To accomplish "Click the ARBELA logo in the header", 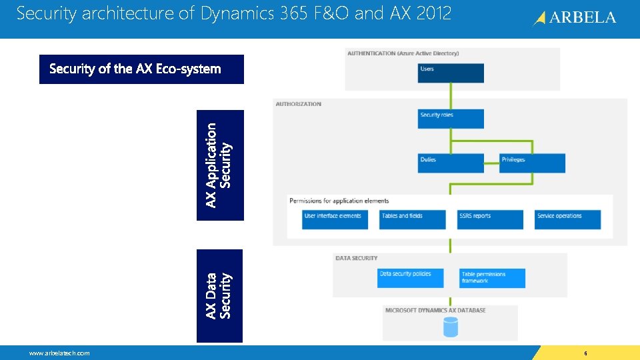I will pyautogui.click(x=575, y=18).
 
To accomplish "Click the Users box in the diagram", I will pyautogui.click(x=451, y=73).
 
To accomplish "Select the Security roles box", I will pyautogui.click(x=451, y=119).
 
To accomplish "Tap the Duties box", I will pyautogui.click(x=451, y=163).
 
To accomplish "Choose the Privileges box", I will pyautogui.click(x=533, y=163).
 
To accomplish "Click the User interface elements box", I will pyautogui.click(x=335, y=219).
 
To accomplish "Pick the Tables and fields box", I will pyautogui.click(x=413, y=219).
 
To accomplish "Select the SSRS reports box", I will pyautogui.click(x=490, y=219).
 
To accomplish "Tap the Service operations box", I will pyautogui.click(x=567, y=219).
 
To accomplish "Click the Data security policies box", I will pyautogui.click(x=410, y=277).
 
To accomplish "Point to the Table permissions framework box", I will pyautogui.click(x=493, y=278).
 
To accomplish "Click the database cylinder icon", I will pyautogui.click(x=451, y=327).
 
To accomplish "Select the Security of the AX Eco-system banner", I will pyautogui.click(x=141, y=69).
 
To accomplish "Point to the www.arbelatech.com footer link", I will pyautogui.click(x=59, y=353).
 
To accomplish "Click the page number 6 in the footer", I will pyautogui.click(x=585, y=353).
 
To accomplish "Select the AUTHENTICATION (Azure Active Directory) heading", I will pyautogui.click(x=403, y=53).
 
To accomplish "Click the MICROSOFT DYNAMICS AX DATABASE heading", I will pyautogui.click(x=435, y=310).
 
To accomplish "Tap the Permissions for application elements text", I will pyautogui.click(x=339, y=201).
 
